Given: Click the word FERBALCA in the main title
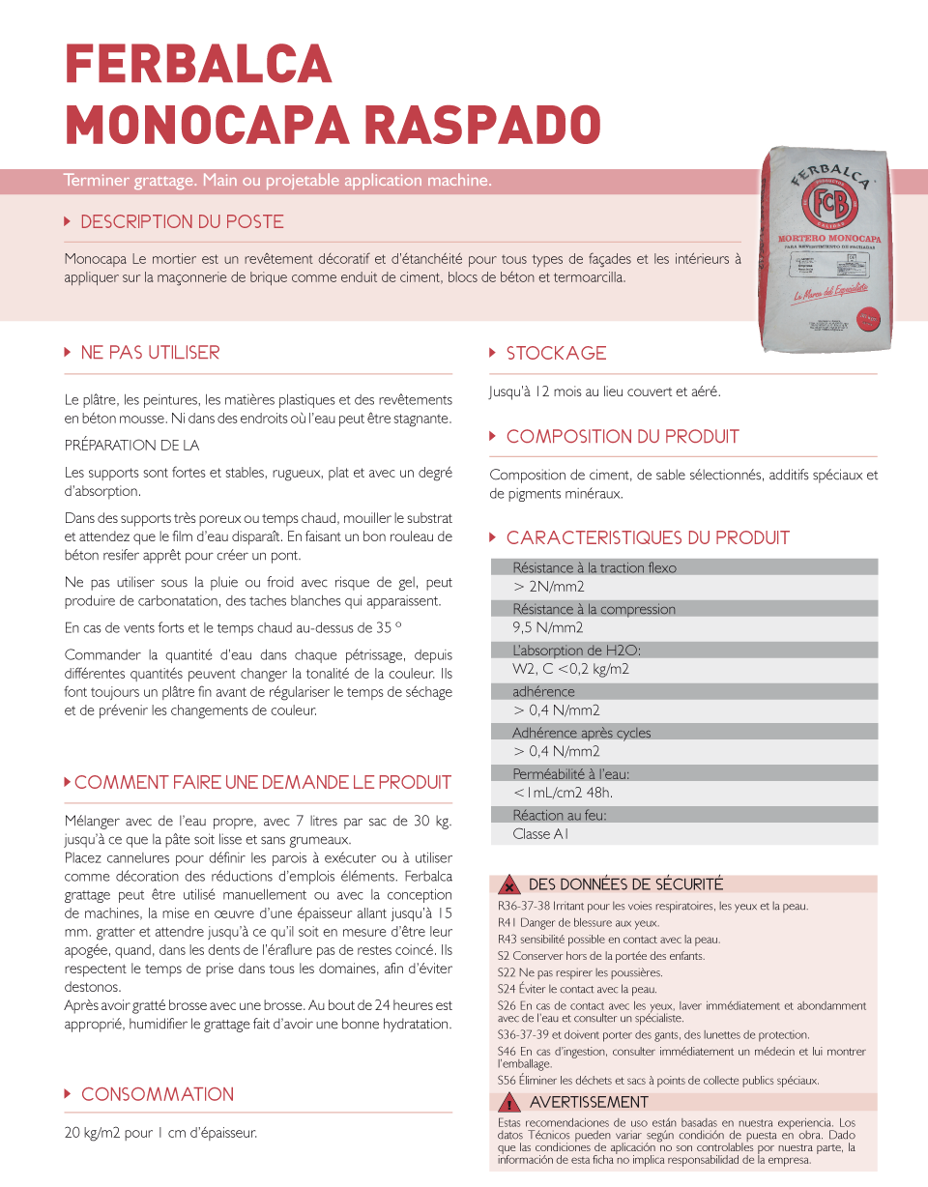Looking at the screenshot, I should point(198,66).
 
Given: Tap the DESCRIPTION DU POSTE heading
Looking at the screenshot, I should point(182,221).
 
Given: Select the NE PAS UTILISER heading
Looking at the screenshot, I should point(150,353).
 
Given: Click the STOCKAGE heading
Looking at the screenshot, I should point(556,353).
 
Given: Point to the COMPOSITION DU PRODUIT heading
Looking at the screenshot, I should point(623,436).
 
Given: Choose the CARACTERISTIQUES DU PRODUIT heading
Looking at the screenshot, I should point(648,537).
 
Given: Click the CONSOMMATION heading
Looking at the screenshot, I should point(158,1094).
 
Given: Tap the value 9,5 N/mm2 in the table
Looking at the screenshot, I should point(548,627).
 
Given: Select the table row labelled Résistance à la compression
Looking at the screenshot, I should point(594,609).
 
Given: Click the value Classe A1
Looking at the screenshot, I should point(540,834).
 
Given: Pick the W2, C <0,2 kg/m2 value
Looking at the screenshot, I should point(571,669).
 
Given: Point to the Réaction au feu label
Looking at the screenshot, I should point(560,815).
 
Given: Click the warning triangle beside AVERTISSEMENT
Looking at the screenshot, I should point(510,1103).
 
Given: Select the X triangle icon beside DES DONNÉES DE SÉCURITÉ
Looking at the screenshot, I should point(509,885).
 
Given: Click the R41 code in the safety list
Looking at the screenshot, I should point(507,922).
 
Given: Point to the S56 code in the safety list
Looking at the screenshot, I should point(507,1080).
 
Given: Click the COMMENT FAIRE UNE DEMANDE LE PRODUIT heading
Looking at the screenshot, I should point(262,782).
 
